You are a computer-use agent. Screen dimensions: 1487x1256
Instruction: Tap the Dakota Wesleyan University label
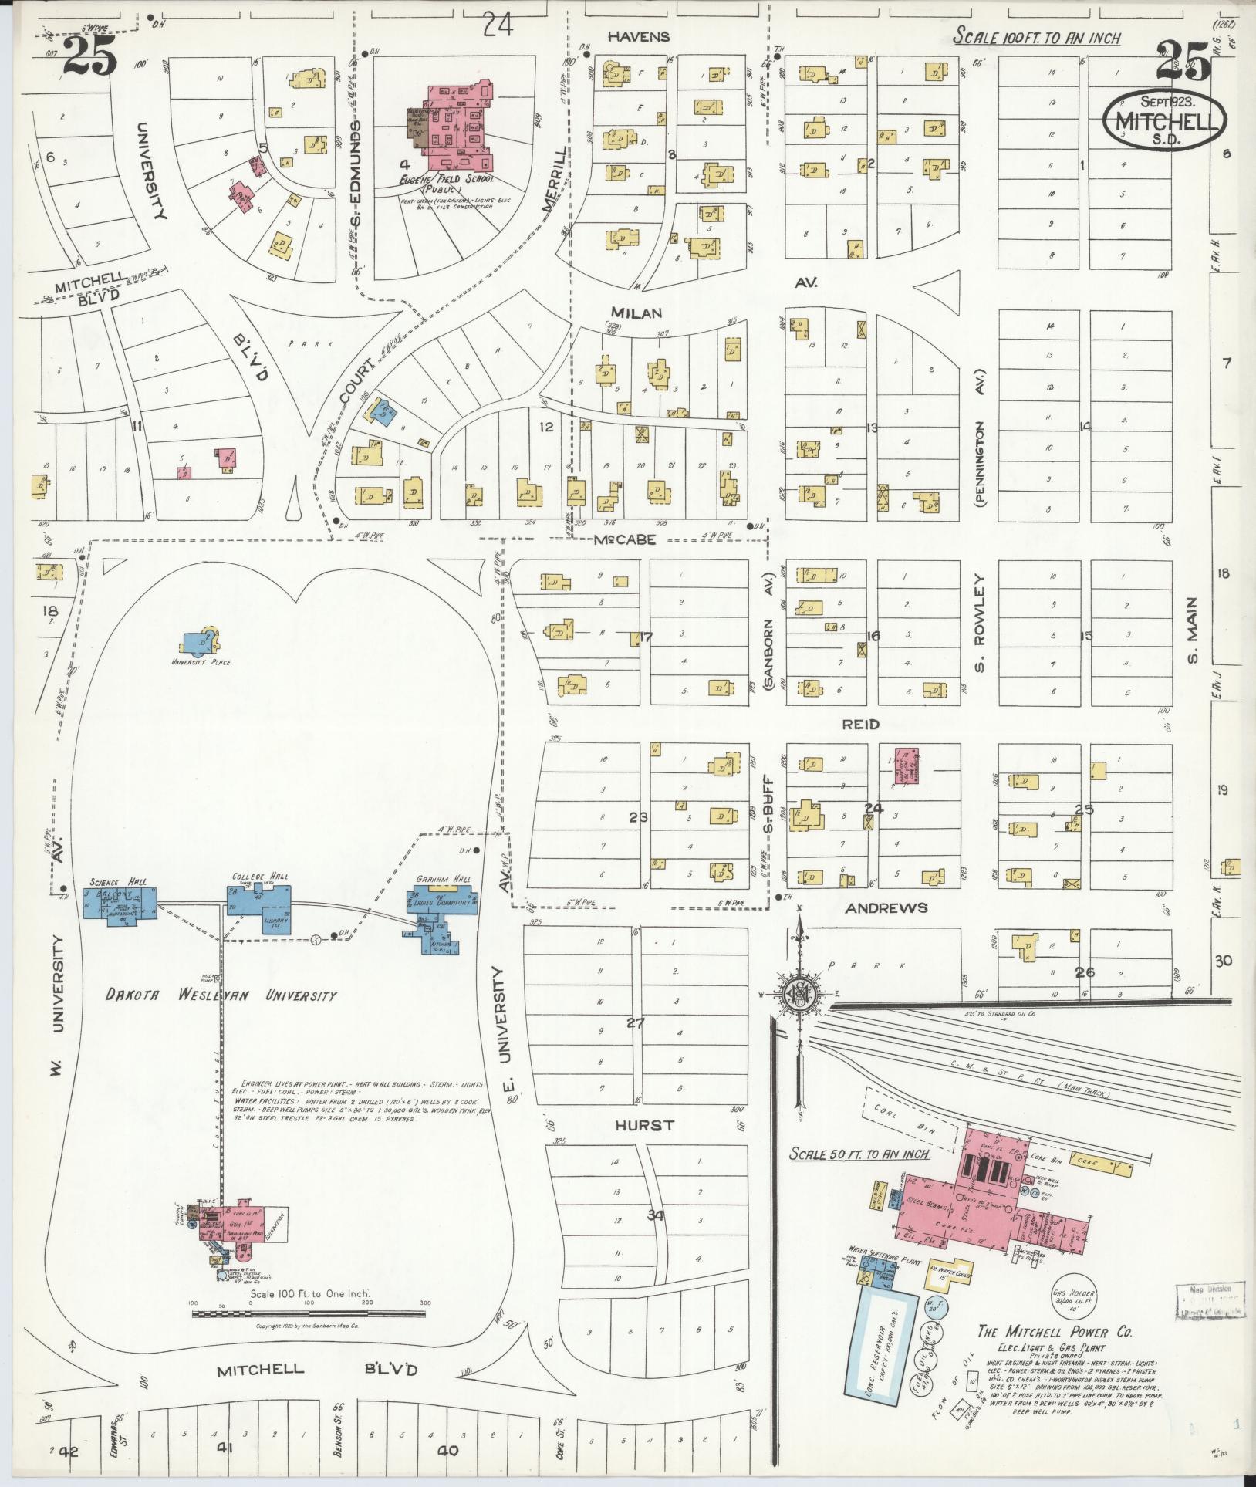tap(221, 995)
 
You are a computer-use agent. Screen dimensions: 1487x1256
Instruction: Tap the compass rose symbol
tap(800, 995)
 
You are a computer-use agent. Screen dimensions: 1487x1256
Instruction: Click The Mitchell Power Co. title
tap(1054, 1332)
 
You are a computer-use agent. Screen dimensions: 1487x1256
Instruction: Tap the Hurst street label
tap(644, 1126)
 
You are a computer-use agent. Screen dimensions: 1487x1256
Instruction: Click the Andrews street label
tap(886, 908)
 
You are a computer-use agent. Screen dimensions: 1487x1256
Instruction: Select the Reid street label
tap(860, 724)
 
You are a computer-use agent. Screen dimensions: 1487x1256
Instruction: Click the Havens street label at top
tap(638, 36)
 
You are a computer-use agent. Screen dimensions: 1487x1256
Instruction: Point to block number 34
tap(655, 1215)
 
